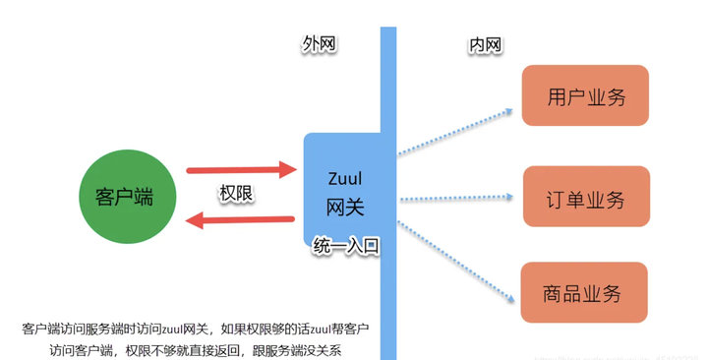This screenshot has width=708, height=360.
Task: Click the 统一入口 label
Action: click(346, 245)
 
